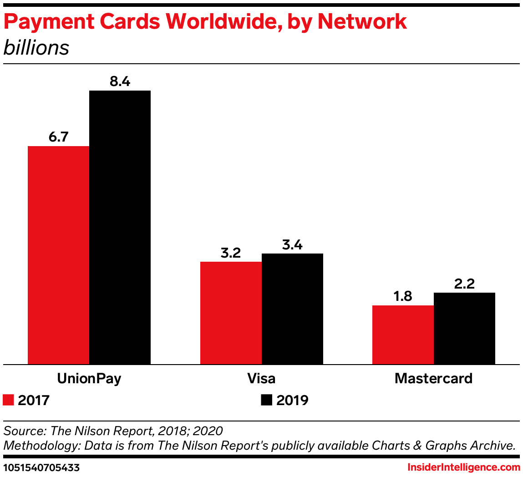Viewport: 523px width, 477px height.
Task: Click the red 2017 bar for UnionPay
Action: coord(58,255)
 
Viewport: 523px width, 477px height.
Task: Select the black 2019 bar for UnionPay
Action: coord(120,227)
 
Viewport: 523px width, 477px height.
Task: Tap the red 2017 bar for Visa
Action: coord(231,313)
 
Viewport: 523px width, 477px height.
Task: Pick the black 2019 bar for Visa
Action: coord(292,309)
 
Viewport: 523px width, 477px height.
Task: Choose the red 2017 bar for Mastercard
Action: coord(403,335)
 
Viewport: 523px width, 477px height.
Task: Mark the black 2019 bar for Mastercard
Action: coord(464,328)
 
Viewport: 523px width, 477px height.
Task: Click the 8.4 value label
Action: coord(120,81)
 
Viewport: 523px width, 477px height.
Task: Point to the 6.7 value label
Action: coord(58,137)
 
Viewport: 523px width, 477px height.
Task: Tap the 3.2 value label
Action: coord(231,253)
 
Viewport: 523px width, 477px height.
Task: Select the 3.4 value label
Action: coord(292,245)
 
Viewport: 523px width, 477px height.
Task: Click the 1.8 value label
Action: coord(403,296)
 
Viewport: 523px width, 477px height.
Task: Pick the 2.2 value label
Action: coord(464,284)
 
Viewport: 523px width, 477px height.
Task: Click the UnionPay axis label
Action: coord(89,379)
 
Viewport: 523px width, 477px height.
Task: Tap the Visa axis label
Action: coord(261,378)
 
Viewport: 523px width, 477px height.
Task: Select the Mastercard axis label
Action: coord(433,378)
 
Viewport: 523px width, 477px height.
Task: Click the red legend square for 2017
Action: coord(9,400)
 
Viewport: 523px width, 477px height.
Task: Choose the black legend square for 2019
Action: coord(266,400)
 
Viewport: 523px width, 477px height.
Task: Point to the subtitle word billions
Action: coord(36,48)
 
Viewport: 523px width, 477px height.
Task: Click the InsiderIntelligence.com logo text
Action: coord(463,467)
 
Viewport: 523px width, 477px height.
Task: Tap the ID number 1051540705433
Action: coord(41,467)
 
